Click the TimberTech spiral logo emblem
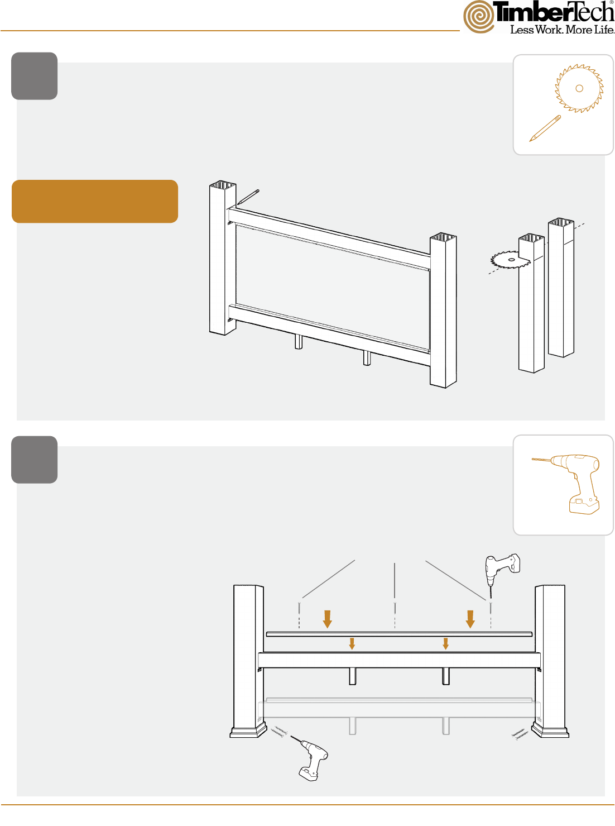coord(478,17)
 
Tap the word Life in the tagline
coord(604,30)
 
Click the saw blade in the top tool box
coord(579,88)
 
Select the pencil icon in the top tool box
coord(545,128)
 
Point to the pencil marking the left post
coord(248,197)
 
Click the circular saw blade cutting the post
coord(510,259)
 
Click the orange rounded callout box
coord(95,202)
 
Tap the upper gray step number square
coord(34,76)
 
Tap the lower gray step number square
coord(34,460)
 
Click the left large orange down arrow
coord(327,619)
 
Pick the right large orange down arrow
coord(470,619)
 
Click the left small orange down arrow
coord(352,643)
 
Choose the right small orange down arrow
coord(445,643)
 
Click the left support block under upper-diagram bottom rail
coord(299,341)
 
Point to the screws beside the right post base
coord(520,734)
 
